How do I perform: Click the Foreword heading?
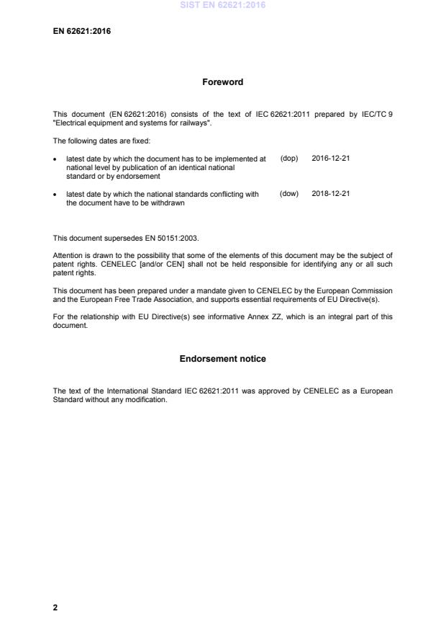pyautogui.click(x=223, y=82)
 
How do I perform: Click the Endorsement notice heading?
pyautogui.click(x=222, y=359)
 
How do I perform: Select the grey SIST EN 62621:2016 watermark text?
pyautogui.click(x=222, y=5)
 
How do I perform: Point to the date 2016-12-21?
pyautogui.click(x=331, y=158)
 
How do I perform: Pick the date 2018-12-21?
pyautogui.click(x=331, y=194)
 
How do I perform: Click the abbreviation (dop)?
pyautogui.click(x=289, y=158)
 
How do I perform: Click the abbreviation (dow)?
pyautogui.click(x=289, y=194)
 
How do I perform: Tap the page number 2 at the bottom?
pyautogui.click(x=55, y=607)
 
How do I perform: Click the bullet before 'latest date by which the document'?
pyautogui.click(x=55, y=159)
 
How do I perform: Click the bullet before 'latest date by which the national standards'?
pyautogui.click(x=55, y=195)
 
